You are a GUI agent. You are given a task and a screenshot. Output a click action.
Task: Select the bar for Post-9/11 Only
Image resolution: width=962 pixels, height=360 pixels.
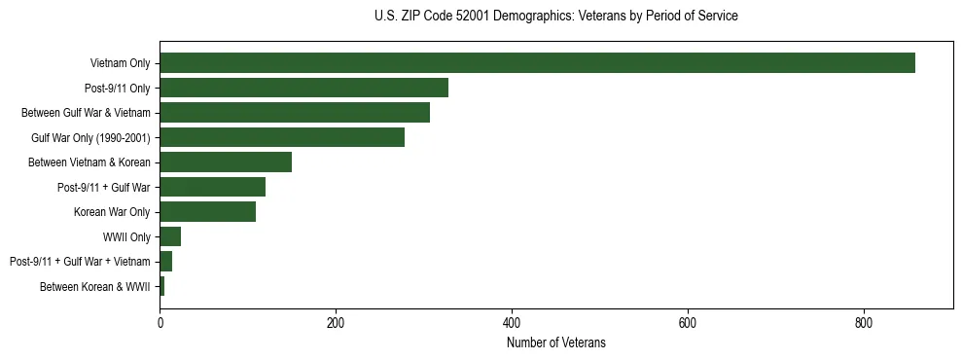point(303,88)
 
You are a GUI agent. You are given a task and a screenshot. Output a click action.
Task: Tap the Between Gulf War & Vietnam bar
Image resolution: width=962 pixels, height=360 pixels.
point(295,113)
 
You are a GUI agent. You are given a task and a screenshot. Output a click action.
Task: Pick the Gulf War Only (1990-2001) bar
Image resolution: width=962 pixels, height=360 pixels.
point(282,137)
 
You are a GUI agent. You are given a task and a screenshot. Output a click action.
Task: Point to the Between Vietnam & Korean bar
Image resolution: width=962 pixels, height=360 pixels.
point(226,162)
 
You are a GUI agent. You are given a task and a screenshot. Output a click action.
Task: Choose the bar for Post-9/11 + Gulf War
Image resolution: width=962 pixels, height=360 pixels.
point(212,187)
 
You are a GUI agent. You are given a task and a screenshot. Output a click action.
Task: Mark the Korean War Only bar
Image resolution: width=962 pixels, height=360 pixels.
point(207,212)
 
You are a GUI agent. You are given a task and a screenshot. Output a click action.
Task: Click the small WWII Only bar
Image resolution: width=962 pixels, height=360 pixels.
point(170,236)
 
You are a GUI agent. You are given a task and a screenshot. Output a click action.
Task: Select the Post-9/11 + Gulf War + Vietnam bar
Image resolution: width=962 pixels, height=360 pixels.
point(166,262)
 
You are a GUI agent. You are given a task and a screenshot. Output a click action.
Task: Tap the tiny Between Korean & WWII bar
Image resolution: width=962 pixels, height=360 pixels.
point(162,286)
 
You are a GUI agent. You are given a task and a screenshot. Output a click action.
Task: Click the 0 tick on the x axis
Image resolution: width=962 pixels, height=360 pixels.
point(160,322)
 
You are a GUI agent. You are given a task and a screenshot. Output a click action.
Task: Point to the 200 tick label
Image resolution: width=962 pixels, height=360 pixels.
point(336,322)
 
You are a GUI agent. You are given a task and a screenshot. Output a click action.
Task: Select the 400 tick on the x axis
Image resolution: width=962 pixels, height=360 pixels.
point(512,322)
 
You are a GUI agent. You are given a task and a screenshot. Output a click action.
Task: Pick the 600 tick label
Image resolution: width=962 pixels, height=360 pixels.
point(688,322)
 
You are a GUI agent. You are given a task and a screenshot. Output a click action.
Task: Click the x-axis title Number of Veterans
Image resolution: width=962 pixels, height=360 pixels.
point(556,342)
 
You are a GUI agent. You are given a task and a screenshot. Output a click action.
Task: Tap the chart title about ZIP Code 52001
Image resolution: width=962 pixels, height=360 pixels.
point(556,17)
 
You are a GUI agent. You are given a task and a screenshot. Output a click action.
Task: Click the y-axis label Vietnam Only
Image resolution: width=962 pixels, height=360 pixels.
point(120,63)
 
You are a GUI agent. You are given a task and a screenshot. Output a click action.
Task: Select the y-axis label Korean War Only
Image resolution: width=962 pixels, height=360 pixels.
point(112,212)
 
